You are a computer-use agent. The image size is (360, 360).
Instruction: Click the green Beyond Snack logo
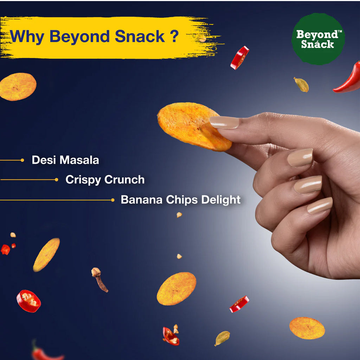point(318,39)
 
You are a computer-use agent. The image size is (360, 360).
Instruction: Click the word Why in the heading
point(27,37)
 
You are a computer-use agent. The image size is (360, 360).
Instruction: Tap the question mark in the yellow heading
point(174,36)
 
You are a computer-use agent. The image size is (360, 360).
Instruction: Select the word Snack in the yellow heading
point(140,36)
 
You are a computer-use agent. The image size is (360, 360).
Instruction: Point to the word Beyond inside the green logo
point(318,34)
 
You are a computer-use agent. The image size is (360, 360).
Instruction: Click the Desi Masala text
point(65,160)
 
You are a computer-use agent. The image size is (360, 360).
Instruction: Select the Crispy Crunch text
point(105,180)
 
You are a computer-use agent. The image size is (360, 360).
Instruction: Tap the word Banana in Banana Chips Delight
point(142,200)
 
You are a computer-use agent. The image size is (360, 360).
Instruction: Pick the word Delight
point(221,200)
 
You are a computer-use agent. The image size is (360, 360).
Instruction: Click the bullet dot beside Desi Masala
point(22,160)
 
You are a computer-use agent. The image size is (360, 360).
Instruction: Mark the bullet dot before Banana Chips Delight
point(113,200)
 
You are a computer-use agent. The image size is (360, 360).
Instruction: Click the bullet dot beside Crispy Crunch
point(57,180)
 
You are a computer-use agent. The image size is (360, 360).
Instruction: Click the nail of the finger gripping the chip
point(224,122)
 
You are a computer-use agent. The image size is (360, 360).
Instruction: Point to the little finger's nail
point(320,205)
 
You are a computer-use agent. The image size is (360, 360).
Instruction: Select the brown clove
point(99,279)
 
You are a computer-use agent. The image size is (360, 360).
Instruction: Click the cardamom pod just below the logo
point(301,84)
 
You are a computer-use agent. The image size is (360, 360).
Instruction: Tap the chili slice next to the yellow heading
point(240,58)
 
